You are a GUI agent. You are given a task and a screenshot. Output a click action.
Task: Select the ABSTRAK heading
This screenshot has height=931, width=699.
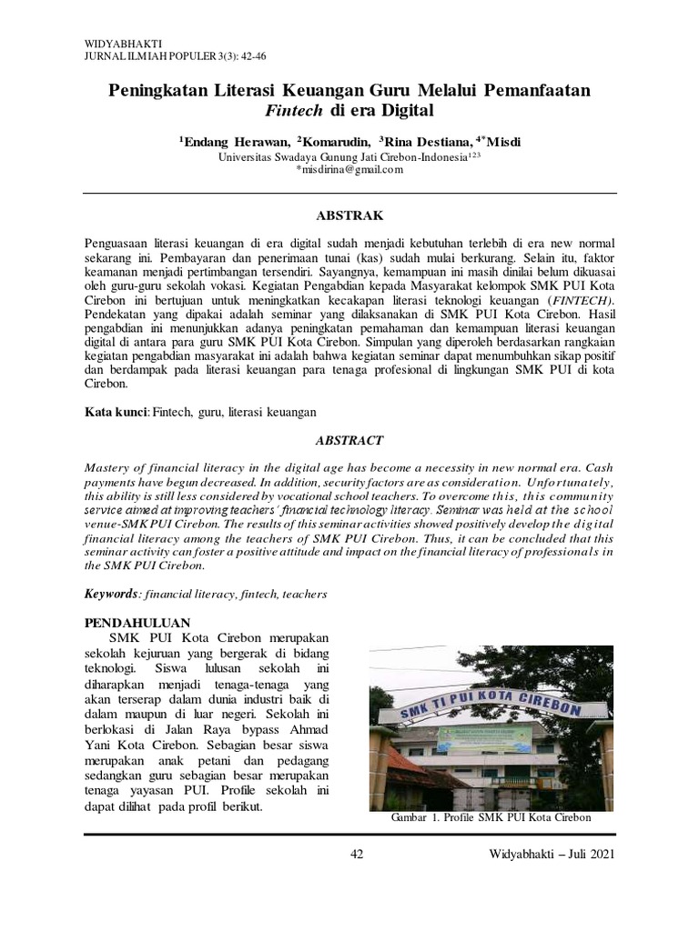pos(349,215)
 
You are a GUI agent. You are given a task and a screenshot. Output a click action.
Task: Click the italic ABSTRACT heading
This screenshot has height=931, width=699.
pos(349,439)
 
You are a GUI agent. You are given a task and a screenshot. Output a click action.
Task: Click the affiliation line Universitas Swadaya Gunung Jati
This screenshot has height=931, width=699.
pos(349,156)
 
